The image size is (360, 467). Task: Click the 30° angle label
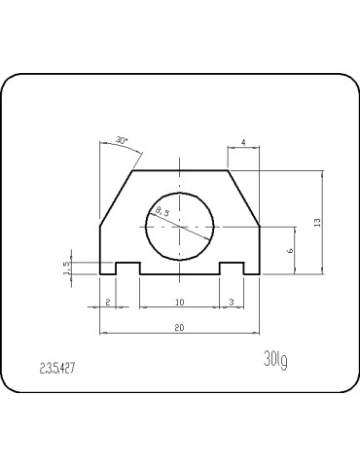122,141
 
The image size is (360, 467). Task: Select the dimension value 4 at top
242,142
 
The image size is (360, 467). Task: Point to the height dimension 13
317,223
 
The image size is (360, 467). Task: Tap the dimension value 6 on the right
290,250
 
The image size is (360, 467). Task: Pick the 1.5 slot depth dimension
67,268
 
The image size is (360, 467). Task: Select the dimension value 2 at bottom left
107,302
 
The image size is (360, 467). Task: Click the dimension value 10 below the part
179,302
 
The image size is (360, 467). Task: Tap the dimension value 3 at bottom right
230,302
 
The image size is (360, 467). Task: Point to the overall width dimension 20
179,328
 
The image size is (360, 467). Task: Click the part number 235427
59,369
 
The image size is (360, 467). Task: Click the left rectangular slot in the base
128,269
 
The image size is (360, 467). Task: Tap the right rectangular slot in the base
231,269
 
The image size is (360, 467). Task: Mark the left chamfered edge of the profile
115,198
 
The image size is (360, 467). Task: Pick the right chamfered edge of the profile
243,198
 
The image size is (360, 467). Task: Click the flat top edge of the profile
179,171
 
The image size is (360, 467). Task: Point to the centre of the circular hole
179,225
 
